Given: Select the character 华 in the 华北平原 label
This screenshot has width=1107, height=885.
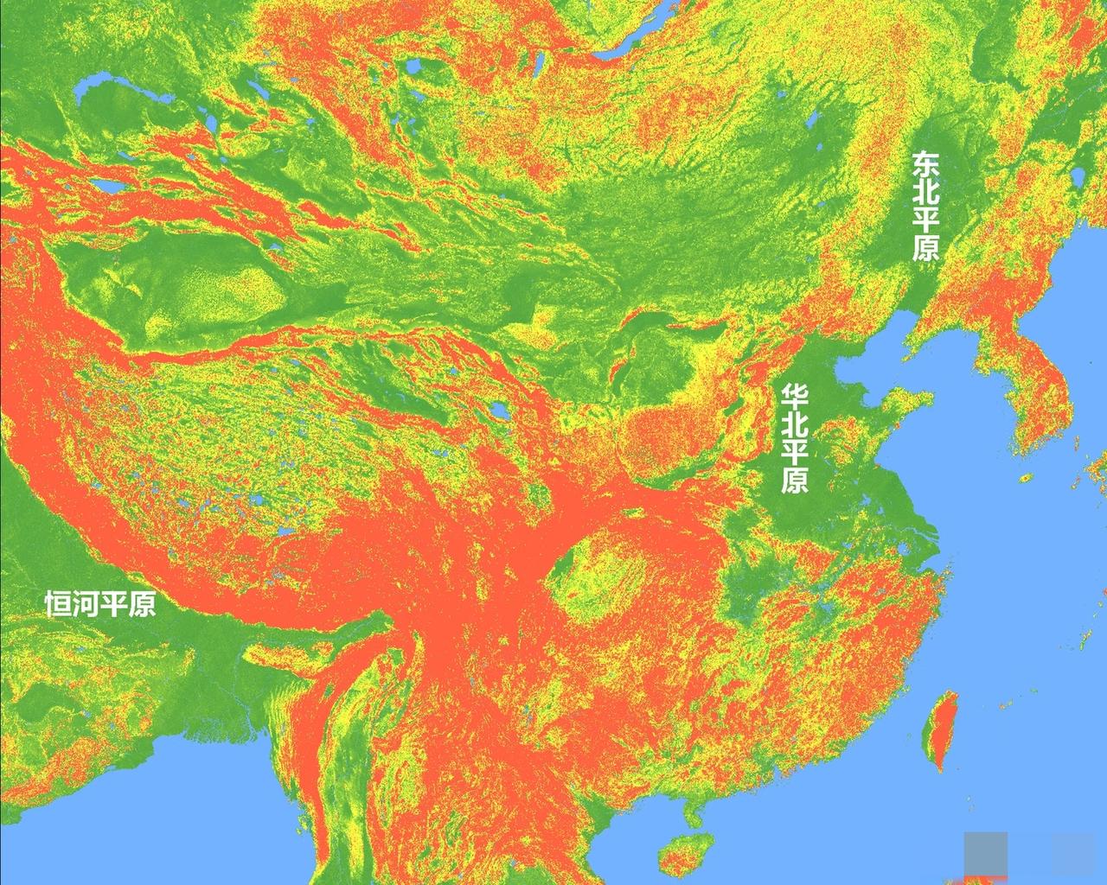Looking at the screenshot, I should pyautogui.click(x=794, y=397).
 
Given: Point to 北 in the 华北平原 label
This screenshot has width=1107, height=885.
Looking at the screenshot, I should pyautogui.click(x=794, y=424).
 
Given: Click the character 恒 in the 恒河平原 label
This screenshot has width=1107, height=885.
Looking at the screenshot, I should pyautogui.click(x=59, y=603).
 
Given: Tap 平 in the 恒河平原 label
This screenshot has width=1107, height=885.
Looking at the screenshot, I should pyautogui.click(x=114, y=603).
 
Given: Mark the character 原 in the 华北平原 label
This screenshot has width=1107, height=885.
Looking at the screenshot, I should pyautogui.click(x=794, y=481).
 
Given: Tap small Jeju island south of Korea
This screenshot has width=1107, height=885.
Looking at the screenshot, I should pyautogui.click(x=1027, y=478).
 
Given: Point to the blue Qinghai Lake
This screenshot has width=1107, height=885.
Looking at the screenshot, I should pyautogui.click(x=500, y=408).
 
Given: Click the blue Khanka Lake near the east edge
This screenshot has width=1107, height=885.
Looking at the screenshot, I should pyautogui.click(x=1078, y=177).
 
